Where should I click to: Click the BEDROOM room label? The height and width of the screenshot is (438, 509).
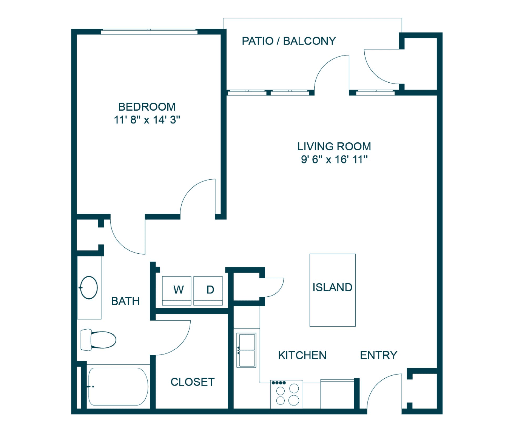(x=147, y=107)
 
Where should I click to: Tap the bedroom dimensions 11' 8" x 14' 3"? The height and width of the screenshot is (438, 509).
(x=147, y=120)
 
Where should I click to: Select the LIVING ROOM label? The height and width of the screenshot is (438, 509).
(x=334, y=147)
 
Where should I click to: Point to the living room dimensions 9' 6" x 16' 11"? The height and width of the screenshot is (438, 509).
(x=334, y=160)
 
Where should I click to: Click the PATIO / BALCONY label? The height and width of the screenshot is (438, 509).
(x=288, y=41)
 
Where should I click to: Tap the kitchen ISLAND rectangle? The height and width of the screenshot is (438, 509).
(x=332, y=290)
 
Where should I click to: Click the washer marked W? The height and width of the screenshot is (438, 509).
(x=177, y=291)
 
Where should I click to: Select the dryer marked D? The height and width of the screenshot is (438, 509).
(x=208, y=291)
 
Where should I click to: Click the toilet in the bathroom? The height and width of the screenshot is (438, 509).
(x=99, y=340)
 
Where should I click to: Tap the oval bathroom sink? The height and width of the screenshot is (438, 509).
(x=89, y=288)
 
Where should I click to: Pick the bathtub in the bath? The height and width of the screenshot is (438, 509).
(x=118, y=387)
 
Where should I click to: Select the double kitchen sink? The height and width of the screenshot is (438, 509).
(x=246, y=350)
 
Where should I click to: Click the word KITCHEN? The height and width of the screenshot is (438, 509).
(x=302, y=356)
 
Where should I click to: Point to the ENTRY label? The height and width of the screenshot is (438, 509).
(x=378, y=356)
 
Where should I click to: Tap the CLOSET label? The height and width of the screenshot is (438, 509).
(x=193, y=382)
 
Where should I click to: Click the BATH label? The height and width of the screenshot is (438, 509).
(x=125, y=301)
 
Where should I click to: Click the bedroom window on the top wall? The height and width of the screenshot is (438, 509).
(x=149, y=31)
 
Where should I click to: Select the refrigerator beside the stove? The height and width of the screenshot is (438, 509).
(x=337, y=394)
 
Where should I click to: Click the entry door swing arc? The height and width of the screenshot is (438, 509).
(x=377, y=384)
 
